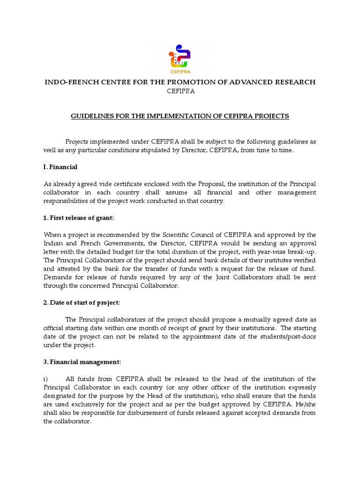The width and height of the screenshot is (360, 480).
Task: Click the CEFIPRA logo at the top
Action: [x=180, y=59]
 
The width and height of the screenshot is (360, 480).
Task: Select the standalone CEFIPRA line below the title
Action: [x=181, y=91]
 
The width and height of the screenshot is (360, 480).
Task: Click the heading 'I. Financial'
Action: [x=60, y=167]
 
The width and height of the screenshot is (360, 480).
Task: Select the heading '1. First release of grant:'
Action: [x=79, y=218]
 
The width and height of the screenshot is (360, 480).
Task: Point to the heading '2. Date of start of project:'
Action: [x=82, y=302]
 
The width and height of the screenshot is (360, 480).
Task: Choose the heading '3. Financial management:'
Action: [x=82, y=362]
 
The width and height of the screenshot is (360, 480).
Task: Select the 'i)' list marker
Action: [x=46, y=379]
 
